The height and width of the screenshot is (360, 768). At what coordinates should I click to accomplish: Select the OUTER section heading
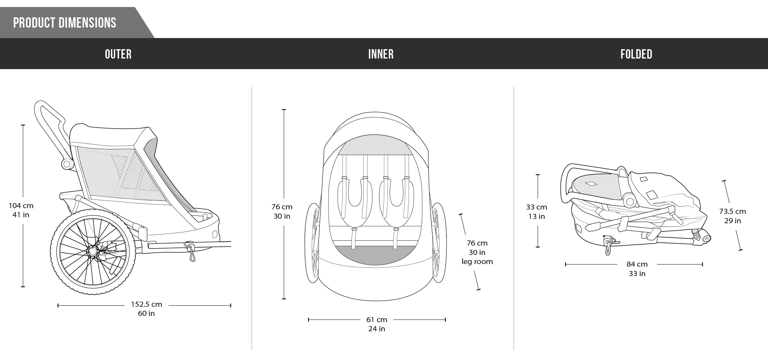click(118, 54)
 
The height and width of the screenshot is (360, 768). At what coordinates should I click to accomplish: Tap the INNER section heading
click(381, 54)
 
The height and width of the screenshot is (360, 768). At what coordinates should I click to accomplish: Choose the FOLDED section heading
click(636, 54)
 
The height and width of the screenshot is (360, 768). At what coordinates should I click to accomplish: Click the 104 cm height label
click(21, 206)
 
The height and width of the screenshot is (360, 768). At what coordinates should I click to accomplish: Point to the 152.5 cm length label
click(146, 304)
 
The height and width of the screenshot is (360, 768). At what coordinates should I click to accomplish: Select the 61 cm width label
click(377, 319)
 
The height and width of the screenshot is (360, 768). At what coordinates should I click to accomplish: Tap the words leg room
click(477, 262)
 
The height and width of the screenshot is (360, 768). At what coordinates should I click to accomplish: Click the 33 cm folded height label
click(536, 207)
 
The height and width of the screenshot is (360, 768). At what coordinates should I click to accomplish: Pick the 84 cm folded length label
click(637, 264)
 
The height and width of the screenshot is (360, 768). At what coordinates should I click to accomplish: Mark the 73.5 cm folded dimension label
click(732, 211)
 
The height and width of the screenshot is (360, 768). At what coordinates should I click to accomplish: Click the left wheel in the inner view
click(312, 243)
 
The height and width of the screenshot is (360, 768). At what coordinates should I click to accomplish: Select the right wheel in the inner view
click(438, 243)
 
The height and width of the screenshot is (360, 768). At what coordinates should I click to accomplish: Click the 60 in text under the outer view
click(146, 313)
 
